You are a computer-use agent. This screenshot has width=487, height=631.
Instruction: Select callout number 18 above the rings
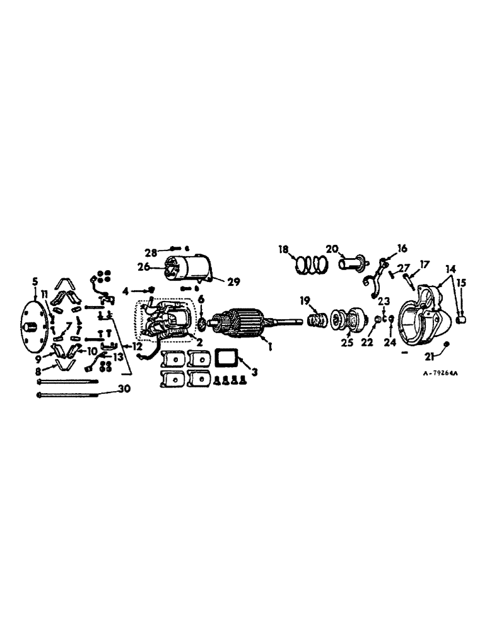point(284,249)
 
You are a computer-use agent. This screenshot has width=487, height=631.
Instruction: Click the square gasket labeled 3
point(225,358)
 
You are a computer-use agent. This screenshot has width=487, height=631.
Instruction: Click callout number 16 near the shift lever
point(402,248)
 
